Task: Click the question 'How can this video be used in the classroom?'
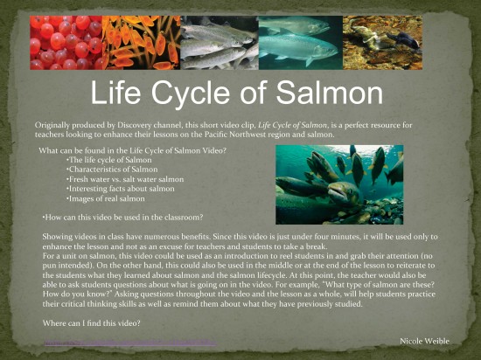[x=123, y=216]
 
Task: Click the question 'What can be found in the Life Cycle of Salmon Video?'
[x=132, y=151]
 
